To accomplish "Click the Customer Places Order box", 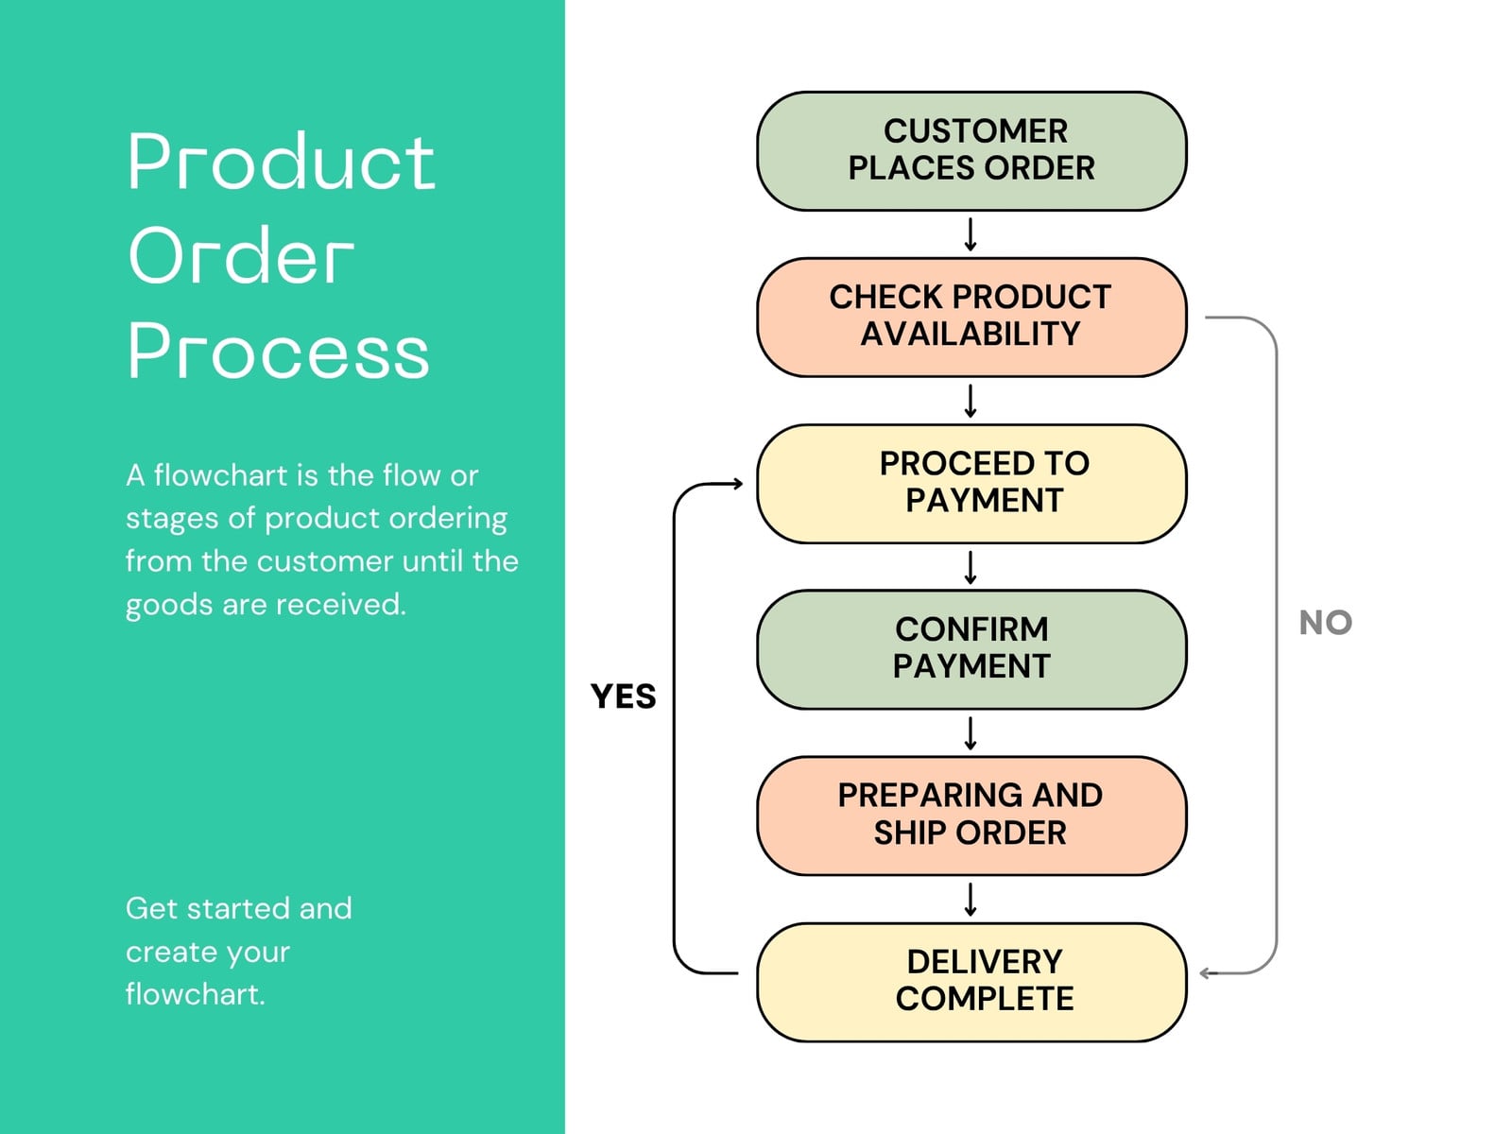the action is (971, 151).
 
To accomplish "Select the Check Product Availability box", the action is (971, 318).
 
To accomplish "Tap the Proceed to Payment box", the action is (971, 483).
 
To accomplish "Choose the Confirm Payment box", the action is (971, 649).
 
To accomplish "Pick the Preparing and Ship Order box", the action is (971, 816).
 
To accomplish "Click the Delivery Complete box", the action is (971, 983).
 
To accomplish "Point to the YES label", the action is (623, 696).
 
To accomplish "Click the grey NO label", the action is (1325, 623).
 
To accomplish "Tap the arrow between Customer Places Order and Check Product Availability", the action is (971, 234).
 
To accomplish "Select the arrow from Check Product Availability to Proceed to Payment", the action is (971, 401).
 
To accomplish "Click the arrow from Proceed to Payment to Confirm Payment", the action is (971, 567).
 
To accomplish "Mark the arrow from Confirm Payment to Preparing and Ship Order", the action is (971, 733).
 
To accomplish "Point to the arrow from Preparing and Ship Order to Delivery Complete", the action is (971, 900).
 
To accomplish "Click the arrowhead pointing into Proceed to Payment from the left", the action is (738, 483).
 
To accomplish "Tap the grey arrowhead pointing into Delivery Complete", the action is (1206, 973).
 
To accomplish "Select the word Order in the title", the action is (240, 255).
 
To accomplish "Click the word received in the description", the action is (341, 605).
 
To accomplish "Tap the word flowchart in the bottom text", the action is (195, 994).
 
